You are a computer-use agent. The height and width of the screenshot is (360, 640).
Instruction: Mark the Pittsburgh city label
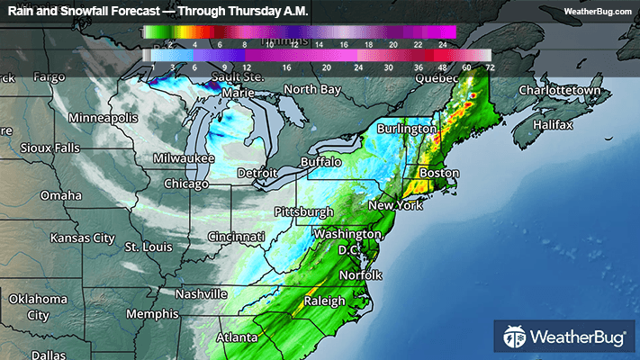[303, 211]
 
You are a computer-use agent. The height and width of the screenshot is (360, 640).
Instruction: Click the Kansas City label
[82, 238]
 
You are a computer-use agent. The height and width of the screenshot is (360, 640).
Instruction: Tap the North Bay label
[312, 89]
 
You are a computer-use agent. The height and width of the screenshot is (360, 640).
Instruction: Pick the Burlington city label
[406, 129]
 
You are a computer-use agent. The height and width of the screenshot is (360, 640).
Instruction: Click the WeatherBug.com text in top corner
[598, 11]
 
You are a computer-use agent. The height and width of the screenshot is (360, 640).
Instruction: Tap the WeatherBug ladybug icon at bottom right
[515, 338]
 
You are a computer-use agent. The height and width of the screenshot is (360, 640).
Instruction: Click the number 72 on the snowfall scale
[490, 67]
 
